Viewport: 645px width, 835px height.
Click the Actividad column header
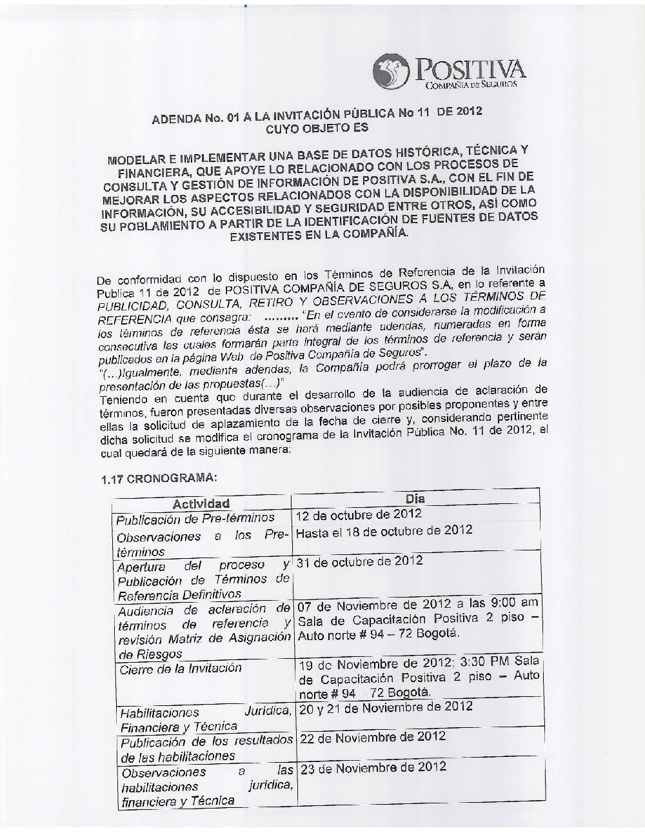(x=201, y=503)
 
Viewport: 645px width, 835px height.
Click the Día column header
(x=415, y=499)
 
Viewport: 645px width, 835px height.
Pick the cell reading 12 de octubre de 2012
(x=359, y=514)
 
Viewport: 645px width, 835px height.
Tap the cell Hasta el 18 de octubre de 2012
(x=384, y=531)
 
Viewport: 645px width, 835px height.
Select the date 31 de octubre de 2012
(x=359, y=561)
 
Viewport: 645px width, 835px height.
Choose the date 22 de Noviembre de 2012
(x=373, y=737)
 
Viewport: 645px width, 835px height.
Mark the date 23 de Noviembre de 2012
(x=373, y=767)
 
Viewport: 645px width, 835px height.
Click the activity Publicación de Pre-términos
(x=195, y=518)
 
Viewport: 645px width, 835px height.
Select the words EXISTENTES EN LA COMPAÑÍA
(x=319, y=235)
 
